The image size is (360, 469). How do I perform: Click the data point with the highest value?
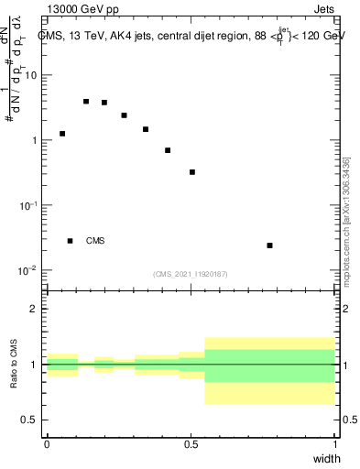86,102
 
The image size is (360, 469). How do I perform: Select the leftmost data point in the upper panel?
62,134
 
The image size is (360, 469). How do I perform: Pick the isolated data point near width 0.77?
269,245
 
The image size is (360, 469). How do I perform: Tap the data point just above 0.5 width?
192,172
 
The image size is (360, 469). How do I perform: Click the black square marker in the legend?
70,241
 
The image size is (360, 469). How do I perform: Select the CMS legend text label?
95,241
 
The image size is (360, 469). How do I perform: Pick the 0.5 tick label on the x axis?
191,444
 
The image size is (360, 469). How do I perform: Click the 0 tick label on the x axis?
47,444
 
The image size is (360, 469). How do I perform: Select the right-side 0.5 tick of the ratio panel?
349,420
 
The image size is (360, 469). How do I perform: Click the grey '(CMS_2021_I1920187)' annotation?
191,273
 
